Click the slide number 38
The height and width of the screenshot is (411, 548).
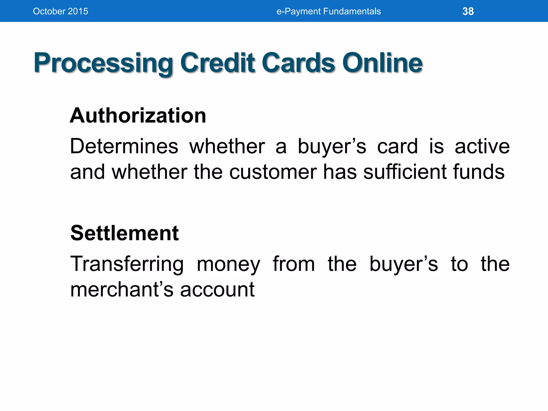pos(468,11)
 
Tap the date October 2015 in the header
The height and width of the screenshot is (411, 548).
pos(60,11)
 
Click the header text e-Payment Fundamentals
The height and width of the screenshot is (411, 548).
pos(328,11)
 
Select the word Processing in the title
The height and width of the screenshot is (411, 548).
pos(103,63)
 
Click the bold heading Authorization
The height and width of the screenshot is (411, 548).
pos(138,115)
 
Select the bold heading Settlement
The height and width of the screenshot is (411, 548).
pos(124,233)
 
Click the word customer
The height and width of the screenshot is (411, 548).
pos(273,172)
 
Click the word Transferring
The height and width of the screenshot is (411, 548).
pos(127,264)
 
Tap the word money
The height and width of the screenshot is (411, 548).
pos(228,264)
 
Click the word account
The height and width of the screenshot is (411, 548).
pos(217,290)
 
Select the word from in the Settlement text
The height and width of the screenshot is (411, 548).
pos(294,264)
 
